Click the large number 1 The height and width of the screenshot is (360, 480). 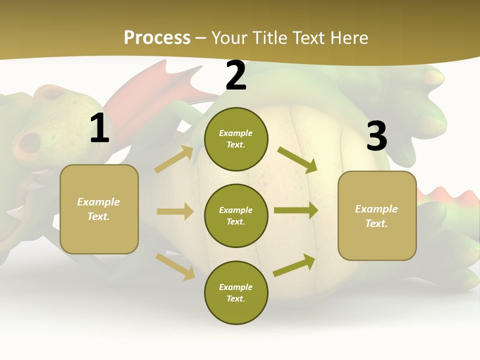coord(99,128)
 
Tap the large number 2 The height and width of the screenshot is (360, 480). coord(236,76)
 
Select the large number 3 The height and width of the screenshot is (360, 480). coord(376,136)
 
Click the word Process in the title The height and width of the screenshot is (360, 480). coord(157,37)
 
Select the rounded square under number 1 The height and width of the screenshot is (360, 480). coord(99,209)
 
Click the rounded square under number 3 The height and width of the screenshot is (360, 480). coord(377,215)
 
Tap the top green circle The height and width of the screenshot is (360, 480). coord(236,139)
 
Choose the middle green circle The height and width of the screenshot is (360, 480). coord(236,215)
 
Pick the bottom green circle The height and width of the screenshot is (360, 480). coord(236,292)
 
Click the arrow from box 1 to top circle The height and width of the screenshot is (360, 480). coord(174,159)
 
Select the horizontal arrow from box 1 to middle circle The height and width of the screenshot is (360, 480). coord(175,211)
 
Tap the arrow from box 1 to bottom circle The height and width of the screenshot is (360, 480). coord(175,266)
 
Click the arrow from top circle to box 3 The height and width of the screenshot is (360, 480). coord(297,159)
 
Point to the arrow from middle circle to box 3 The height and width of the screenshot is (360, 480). coord(296,210)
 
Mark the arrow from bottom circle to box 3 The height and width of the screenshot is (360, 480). coord(294,265)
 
